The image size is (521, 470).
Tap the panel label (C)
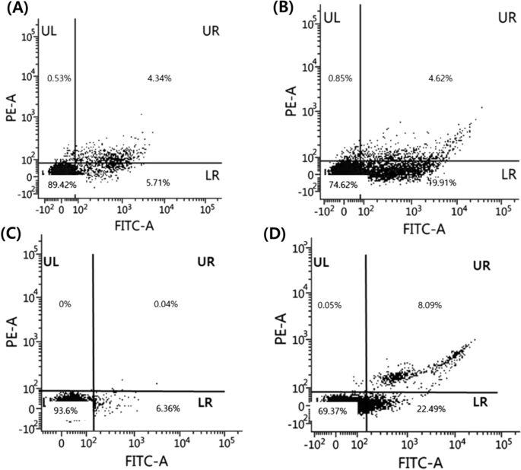[16, 236]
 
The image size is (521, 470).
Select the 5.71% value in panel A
[160, 183]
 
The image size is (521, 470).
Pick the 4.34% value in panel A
[160, 78]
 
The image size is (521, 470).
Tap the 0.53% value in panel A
[59, 78]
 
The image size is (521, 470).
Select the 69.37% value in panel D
[338, 410]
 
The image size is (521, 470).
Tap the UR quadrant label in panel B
[486, 17]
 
